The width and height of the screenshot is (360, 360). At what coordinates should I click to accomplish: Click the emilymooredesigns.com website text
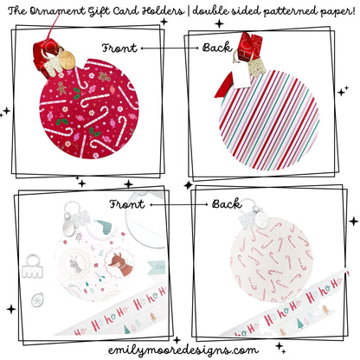point(179,350)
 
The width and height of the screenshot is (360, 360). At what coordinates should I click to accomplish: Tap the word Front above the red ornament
point(119,48)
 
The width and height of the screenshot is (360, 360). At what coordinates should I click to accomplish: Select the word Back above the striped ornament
point(215,48)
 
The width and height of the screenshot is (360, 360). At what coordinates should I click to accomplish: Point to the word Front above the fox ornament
point(126,204)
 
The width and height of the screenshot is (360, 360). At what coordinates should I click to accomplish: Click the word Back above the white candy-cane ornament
point(227,204)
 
